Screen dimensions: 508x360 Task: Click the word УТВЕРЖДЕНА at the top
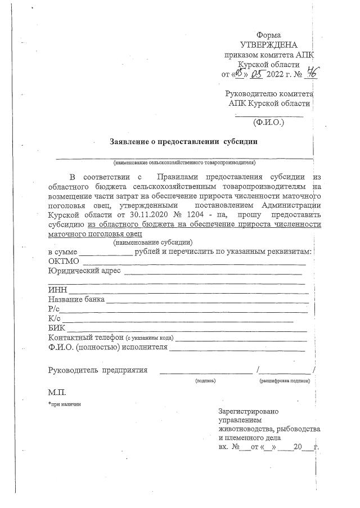tap(268, 44)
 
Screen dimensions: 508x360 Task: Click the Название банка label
tap(76, 299)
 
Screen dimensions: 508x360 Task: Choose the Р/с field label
tap(54, 309)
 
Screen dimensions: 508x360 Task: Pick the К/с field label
tap(55, 318)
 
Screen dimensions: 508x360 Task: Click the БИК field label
tap(57, 328)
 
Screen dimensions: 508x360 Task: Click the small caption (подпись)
tap(205, 381)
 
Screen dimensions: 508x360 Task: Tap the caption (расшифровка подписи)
tap(285, 381)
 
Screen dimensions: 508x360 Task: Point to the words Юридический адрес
tap(84, 271)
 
